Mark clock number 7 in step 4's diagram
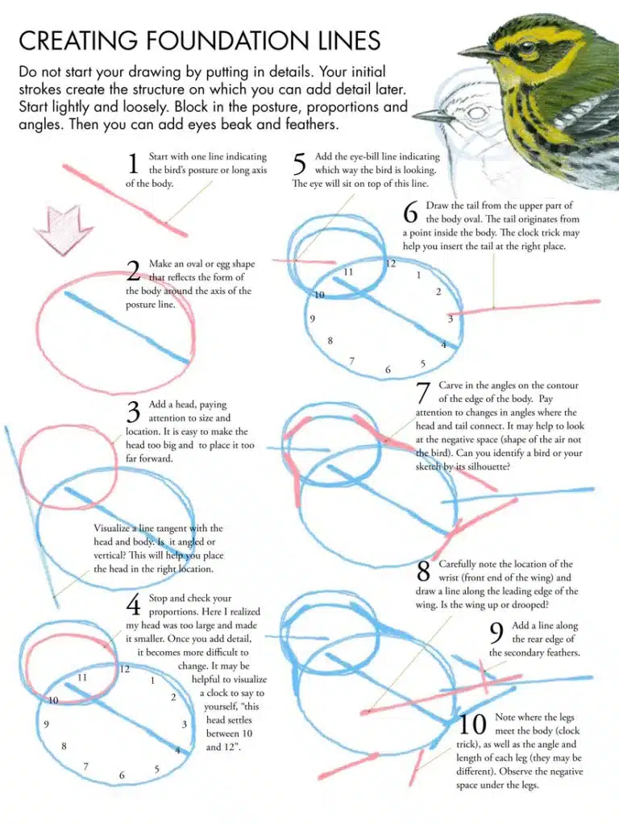coord(86,765)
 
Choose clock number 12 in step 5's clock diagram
coord(391,263)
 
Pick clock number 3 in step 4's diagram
coord(185,724)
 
